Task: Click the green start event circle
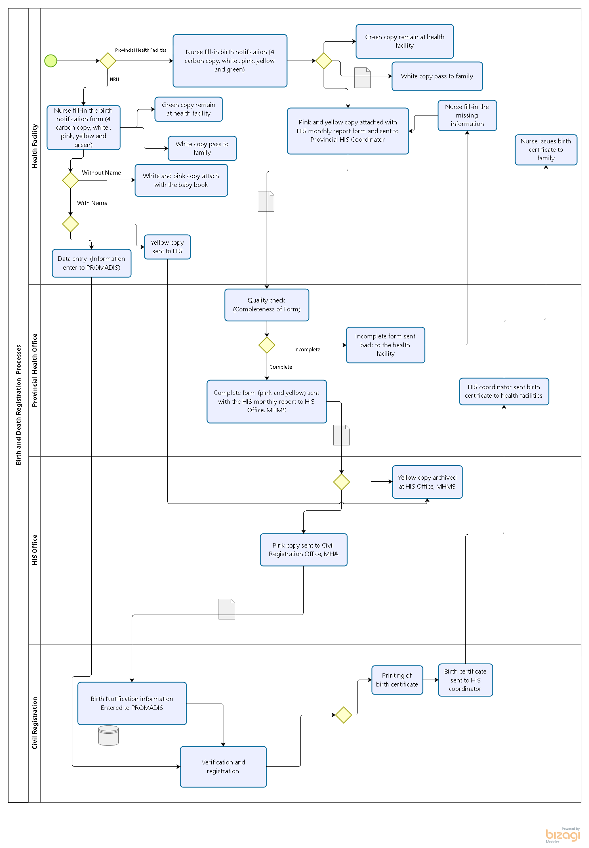[50, 61]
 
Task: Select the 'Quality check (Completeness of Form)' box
[267, 305]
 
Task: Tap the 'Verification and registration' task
[223, 766]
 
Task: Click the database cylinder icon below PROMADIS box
[108, 735]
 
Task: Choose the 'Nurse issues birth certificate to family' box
[546, 149]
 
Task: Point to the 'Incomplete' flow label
[307, 350]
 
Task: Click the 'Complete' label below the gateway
[280, 367]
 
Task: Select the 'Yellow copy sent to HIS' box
[167, 247]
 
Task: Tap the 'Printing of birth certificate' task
[397, 680]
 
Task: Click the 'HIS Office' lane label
[35, 550]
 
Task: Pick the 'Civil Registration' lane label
[35, 723]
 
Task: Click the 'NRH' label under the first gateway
[114, 80]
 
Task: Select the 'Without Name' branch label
[101, 173]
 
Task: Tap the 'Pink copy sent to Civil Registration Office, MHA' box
[303, 550]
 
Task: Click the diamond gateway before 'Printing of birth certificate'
[343, 715]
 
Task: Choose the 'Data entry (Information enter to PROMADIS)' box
[91, 263]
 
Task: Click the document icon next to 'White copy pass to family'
[362, 78]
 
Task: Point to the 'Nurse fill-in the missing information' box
[467, 115]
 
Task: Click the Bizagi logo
[562, 835]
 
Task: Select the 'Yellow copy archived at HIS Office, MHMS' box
[427, 482]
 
